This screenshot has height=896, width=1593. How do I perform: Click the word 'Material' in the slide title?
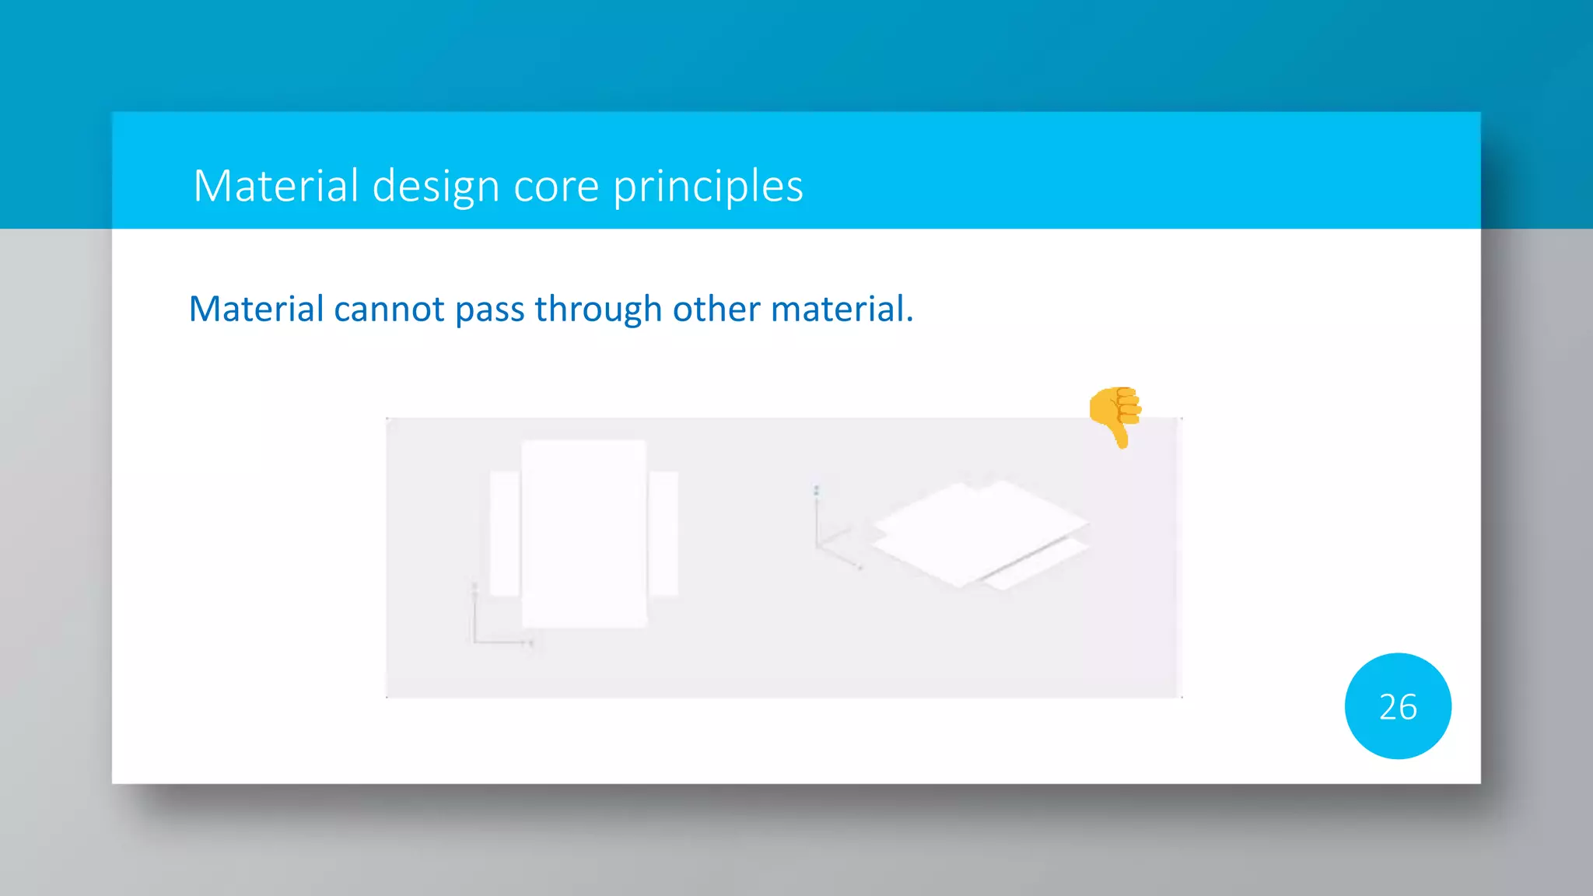click(275, 186)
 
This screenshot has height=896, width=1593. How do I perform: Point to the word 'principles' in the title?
click(708, 187)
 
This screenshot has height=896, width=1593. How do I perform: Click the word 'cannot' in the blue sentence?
click(389, 310)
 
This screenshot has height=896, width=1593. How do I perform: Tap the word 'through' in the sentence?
click(597, 310)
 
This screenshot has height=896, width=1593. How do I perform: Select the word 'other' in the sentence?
click(716, 310)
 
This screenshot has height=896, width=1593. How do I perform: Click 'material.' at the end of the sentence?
click(842, 310)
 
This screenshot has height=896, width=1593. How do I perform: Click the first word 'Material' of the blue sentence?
click(256, 310)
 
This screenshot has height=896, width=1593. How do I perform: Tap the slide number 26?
click(1398, 706)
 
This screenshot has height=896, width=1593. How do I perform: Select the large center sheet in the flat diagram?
click(583, 534)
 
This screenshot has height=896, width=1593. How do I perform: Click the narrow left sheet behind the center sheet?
click(504, 534)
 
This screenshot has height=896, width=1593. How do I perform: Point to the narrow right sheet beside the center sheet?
click(663, 534)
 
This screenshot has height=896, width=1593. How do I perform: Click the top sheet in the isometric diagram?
click(979, 529)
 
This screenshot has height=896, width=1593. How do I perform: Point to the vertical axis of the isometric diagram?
click(817, 517)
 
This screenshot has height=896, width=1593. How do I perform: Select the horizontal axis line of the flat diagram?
click(502, 642)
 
